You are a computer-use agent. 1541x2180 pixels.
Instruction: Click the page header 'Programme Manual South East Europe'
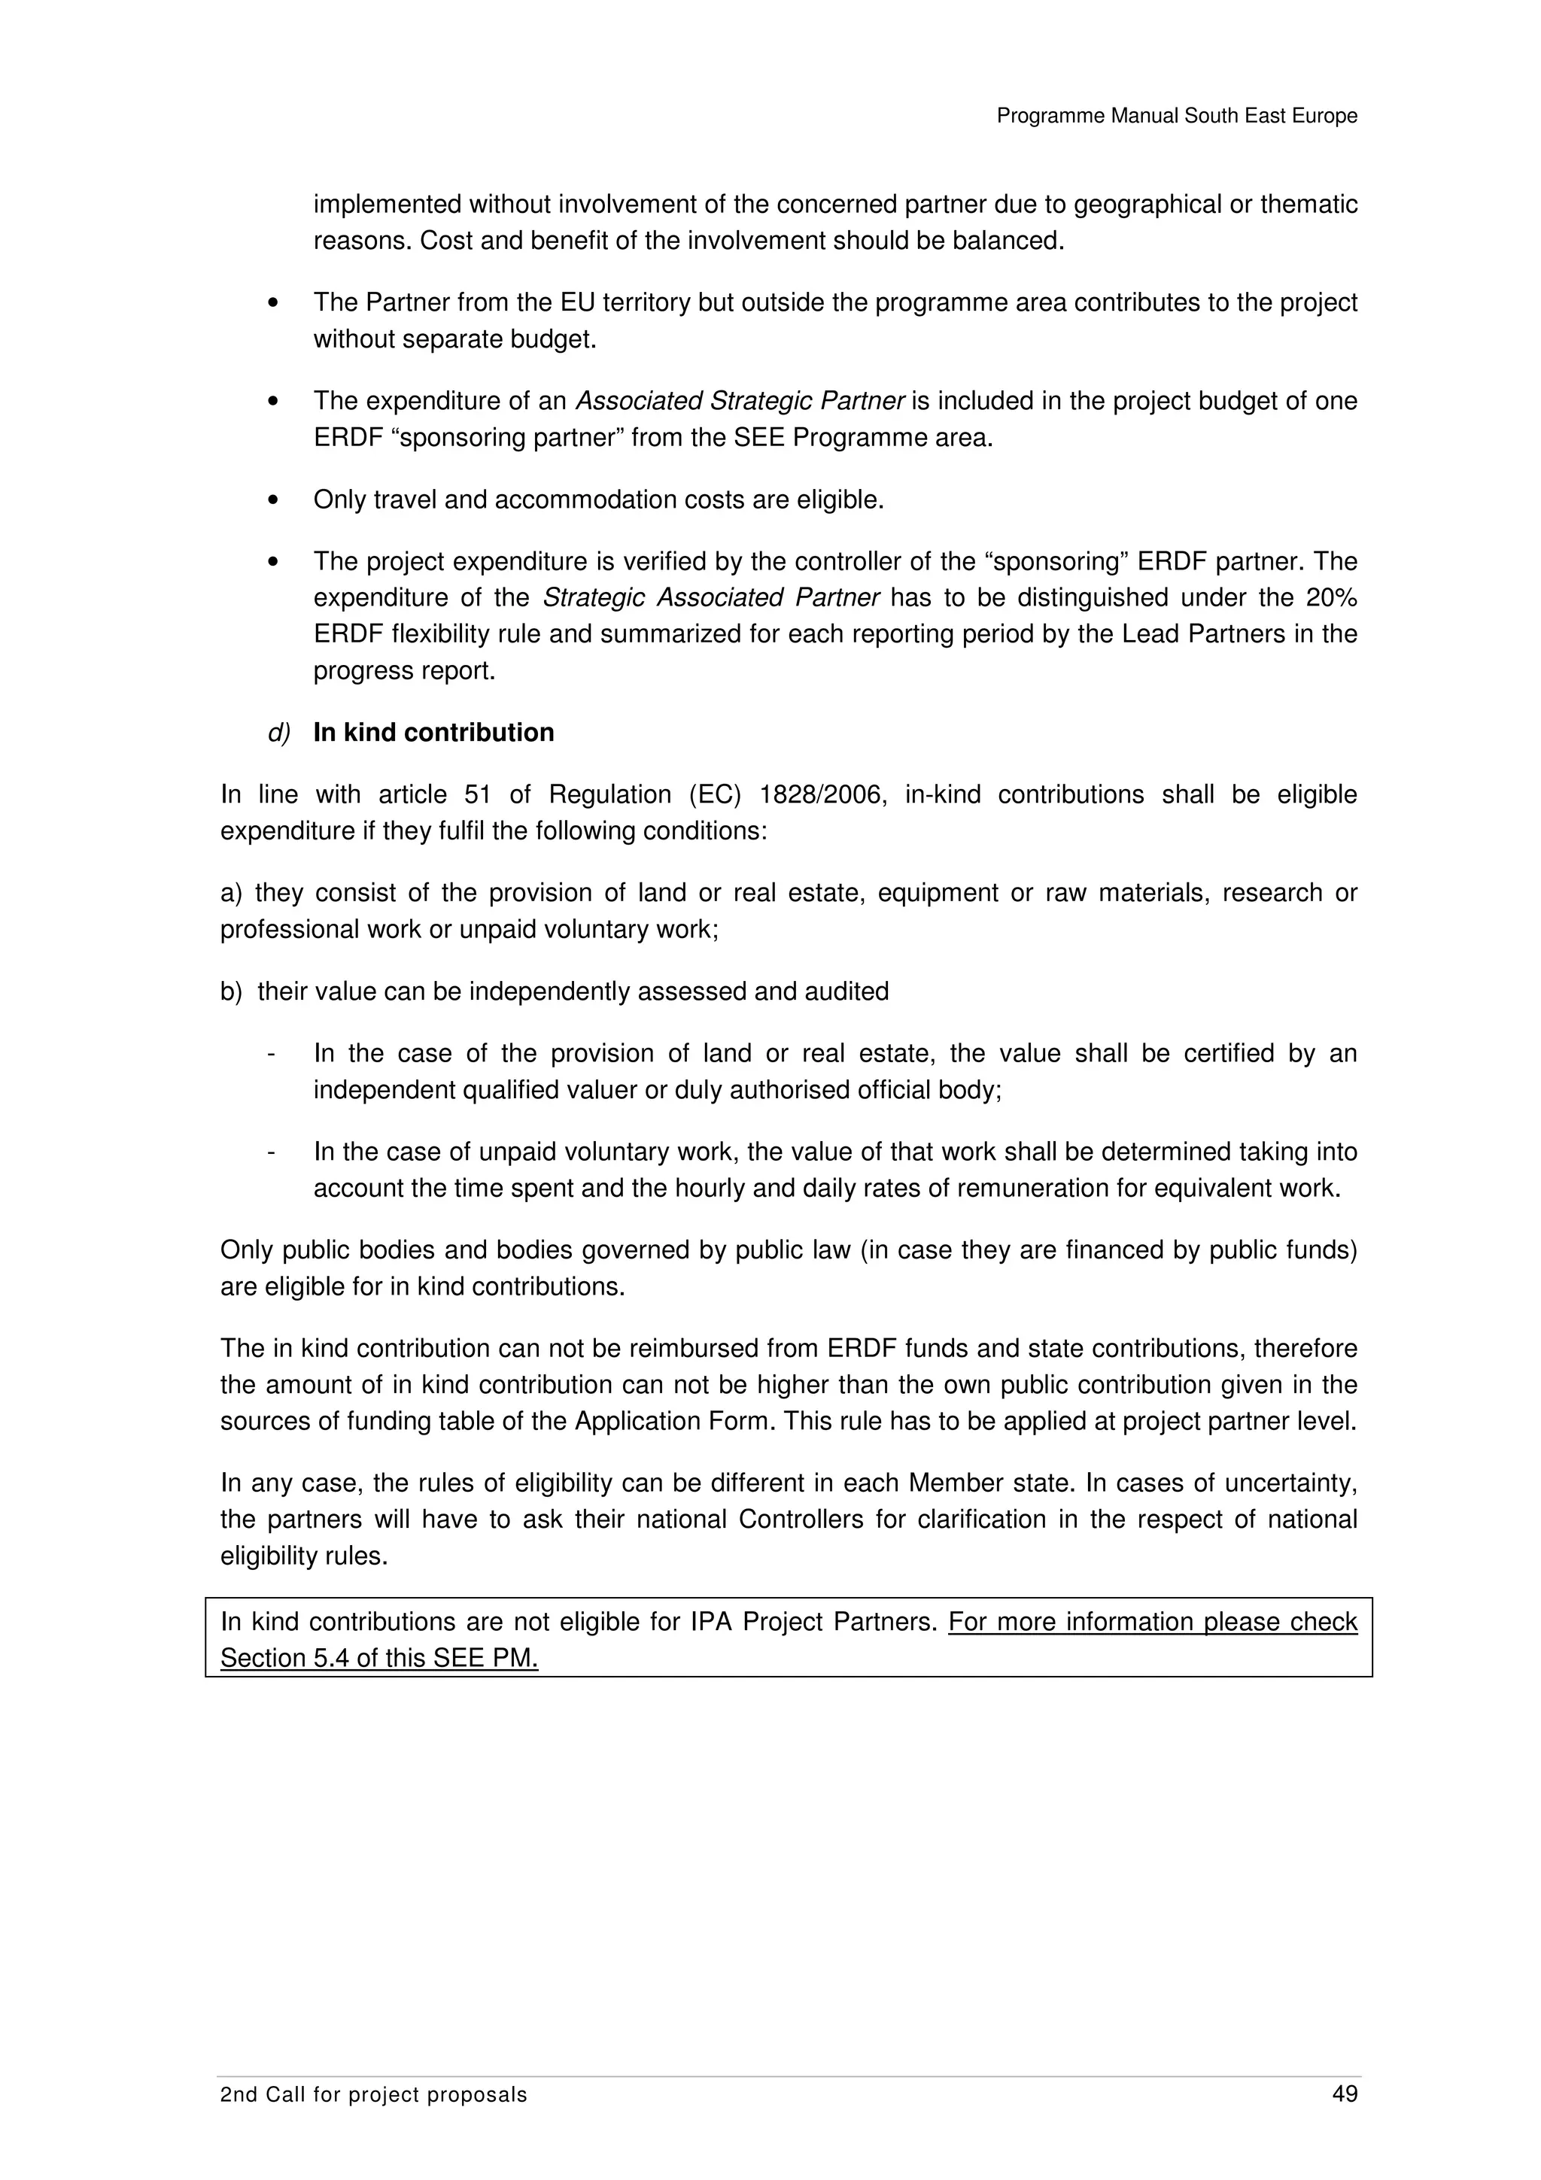1176,116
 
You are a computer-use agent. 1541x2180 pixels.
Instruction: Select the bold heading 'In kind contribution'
434,733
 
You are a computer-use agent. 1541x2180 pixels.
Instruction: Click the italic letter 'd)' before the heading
278,733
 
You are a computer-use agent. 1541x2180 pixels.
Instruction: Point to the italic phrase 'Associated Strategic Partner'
740,401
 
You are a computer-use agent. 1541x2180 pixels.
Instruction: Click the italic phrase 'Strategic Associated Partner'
711,598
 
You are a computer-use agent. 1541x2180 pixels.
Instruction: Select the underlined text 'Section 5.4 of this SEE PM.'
378,1658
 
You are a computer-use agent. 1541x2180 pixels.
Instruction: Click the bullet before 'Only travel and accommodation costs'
273,500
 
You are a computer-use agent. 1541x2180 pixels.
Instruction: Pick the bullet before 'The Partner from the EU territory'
273,303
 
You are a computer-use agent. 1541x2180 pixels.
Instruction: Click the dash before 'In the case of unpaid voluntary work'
272,1152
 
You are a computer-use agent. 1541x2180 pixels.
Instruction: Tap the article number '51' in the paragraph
478,794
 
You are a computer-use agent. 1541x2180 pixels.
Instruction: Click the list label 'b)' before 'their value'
232,992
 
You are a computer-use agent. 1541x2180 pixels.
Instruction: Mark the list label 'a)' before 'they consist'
232,894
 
